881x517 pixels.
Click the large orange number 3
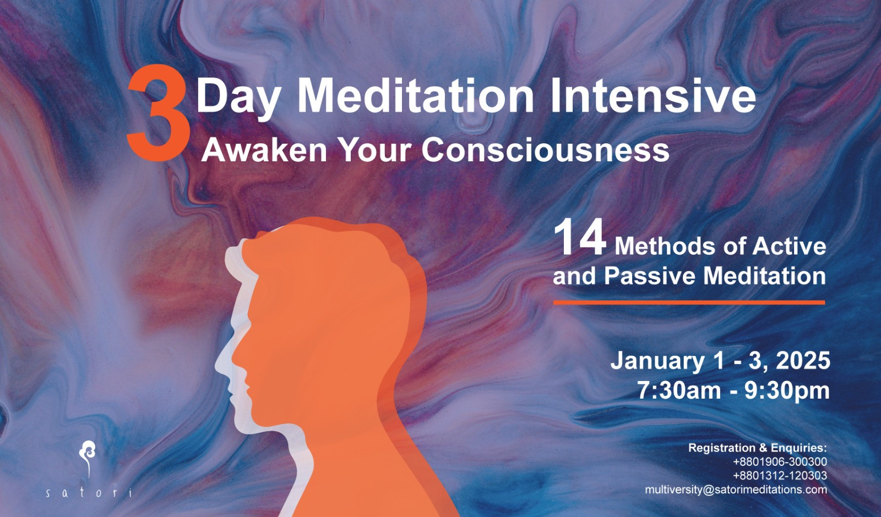[x=159, y=113]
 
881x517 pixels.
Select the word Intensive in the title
[x=653, y=96]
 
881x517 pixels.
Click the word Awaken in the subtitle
[x=264, y=150]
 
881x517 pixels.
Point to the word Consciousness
[x=546, y=150]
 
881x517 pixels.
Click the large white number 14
[x=580, y=238]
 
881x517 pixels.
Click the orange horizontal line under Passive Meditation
[x=689, y=302]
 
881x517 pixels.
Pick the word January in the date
[x=657, y=361]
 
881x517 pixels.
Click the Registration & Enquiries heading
[x=758, y=448]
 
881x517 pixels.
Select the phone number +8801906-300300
[x=780, y=461]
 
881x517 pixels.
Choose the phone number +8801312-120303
[x=780, y=476]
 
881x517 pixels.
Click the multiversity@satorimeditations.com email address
[x=736, y=490]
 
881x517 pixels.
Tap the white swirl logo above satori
[x=88, y=459]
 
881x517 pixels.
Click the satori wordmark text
[x=89, y=493]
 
